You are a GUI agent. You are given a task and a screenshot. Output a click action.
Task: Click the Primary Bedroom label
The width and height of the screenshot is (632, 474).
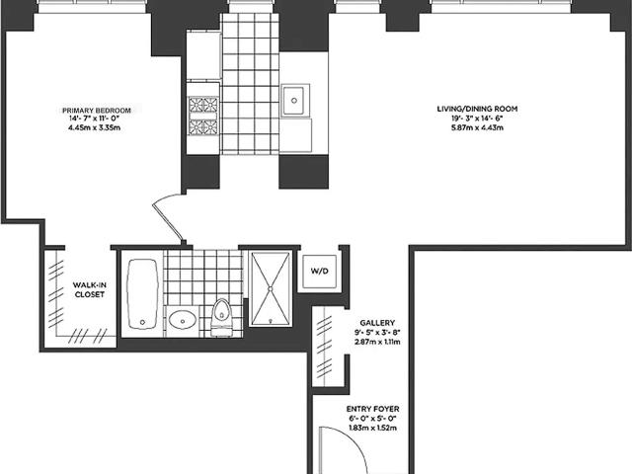97,110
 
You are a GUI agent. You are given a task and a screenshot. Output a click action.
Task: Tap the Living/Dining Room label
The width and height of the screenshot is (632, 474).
477,109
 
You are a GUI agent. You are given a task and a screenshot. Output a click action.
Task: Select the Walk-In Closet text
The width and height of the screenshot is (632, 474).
90,289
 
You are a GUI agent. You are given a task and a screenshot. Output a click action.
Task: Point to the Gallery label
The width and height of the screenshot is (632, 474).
377,323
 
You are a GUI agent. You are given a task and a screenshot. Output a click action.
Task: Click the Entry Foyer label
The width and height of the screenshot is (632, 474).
373,409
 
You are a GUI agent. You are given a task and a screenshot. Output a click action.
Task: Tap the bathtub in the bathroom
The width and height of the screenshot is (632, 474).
142,294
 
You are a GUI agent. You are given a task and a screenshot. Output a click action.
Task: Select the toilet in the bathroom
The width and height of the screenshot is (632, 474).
221,317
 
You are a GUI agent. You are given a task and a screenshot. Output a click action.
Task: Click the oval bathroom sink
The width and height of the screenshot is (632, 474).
183,320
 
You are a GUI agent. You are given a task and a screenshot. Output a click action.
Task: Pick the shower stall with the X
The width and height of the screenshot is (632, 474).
271,287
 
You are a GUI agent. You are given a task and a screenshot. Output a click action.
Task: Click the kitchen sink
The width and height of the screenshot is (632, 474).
294,100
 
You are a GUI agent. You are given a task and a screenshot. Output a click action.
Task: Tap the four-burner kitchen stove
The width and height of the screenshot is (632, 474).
203,116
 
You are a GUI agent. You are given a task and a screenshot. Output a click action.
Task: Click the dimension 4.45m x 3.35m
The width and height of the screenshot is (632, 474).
95,127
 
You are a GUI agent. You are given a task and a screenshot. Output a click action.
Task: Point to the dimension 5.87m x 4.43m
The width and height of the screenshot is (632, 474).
477,127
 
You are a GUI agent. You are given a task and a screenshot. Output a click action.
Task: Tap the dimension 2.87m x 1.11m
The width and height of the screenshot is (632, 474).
377,342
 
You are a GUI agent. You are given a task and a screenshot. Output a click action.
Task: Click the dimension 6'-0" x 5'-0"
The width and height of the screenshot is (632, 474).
373,419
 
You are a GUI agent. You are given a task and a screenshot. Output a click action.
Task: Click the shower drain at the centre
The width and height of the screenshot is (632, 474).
271,288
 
